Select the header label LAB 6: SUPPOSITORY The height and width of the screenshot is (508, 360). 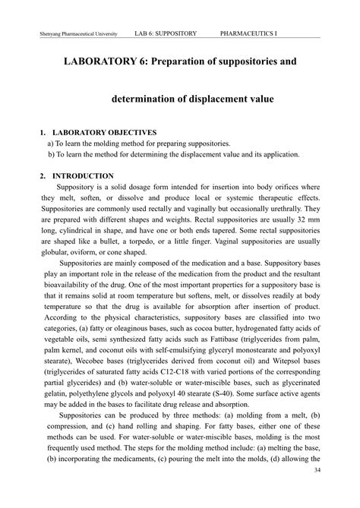[166, 34]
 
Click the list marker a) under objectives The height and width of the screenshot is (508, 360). [50, 143]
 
